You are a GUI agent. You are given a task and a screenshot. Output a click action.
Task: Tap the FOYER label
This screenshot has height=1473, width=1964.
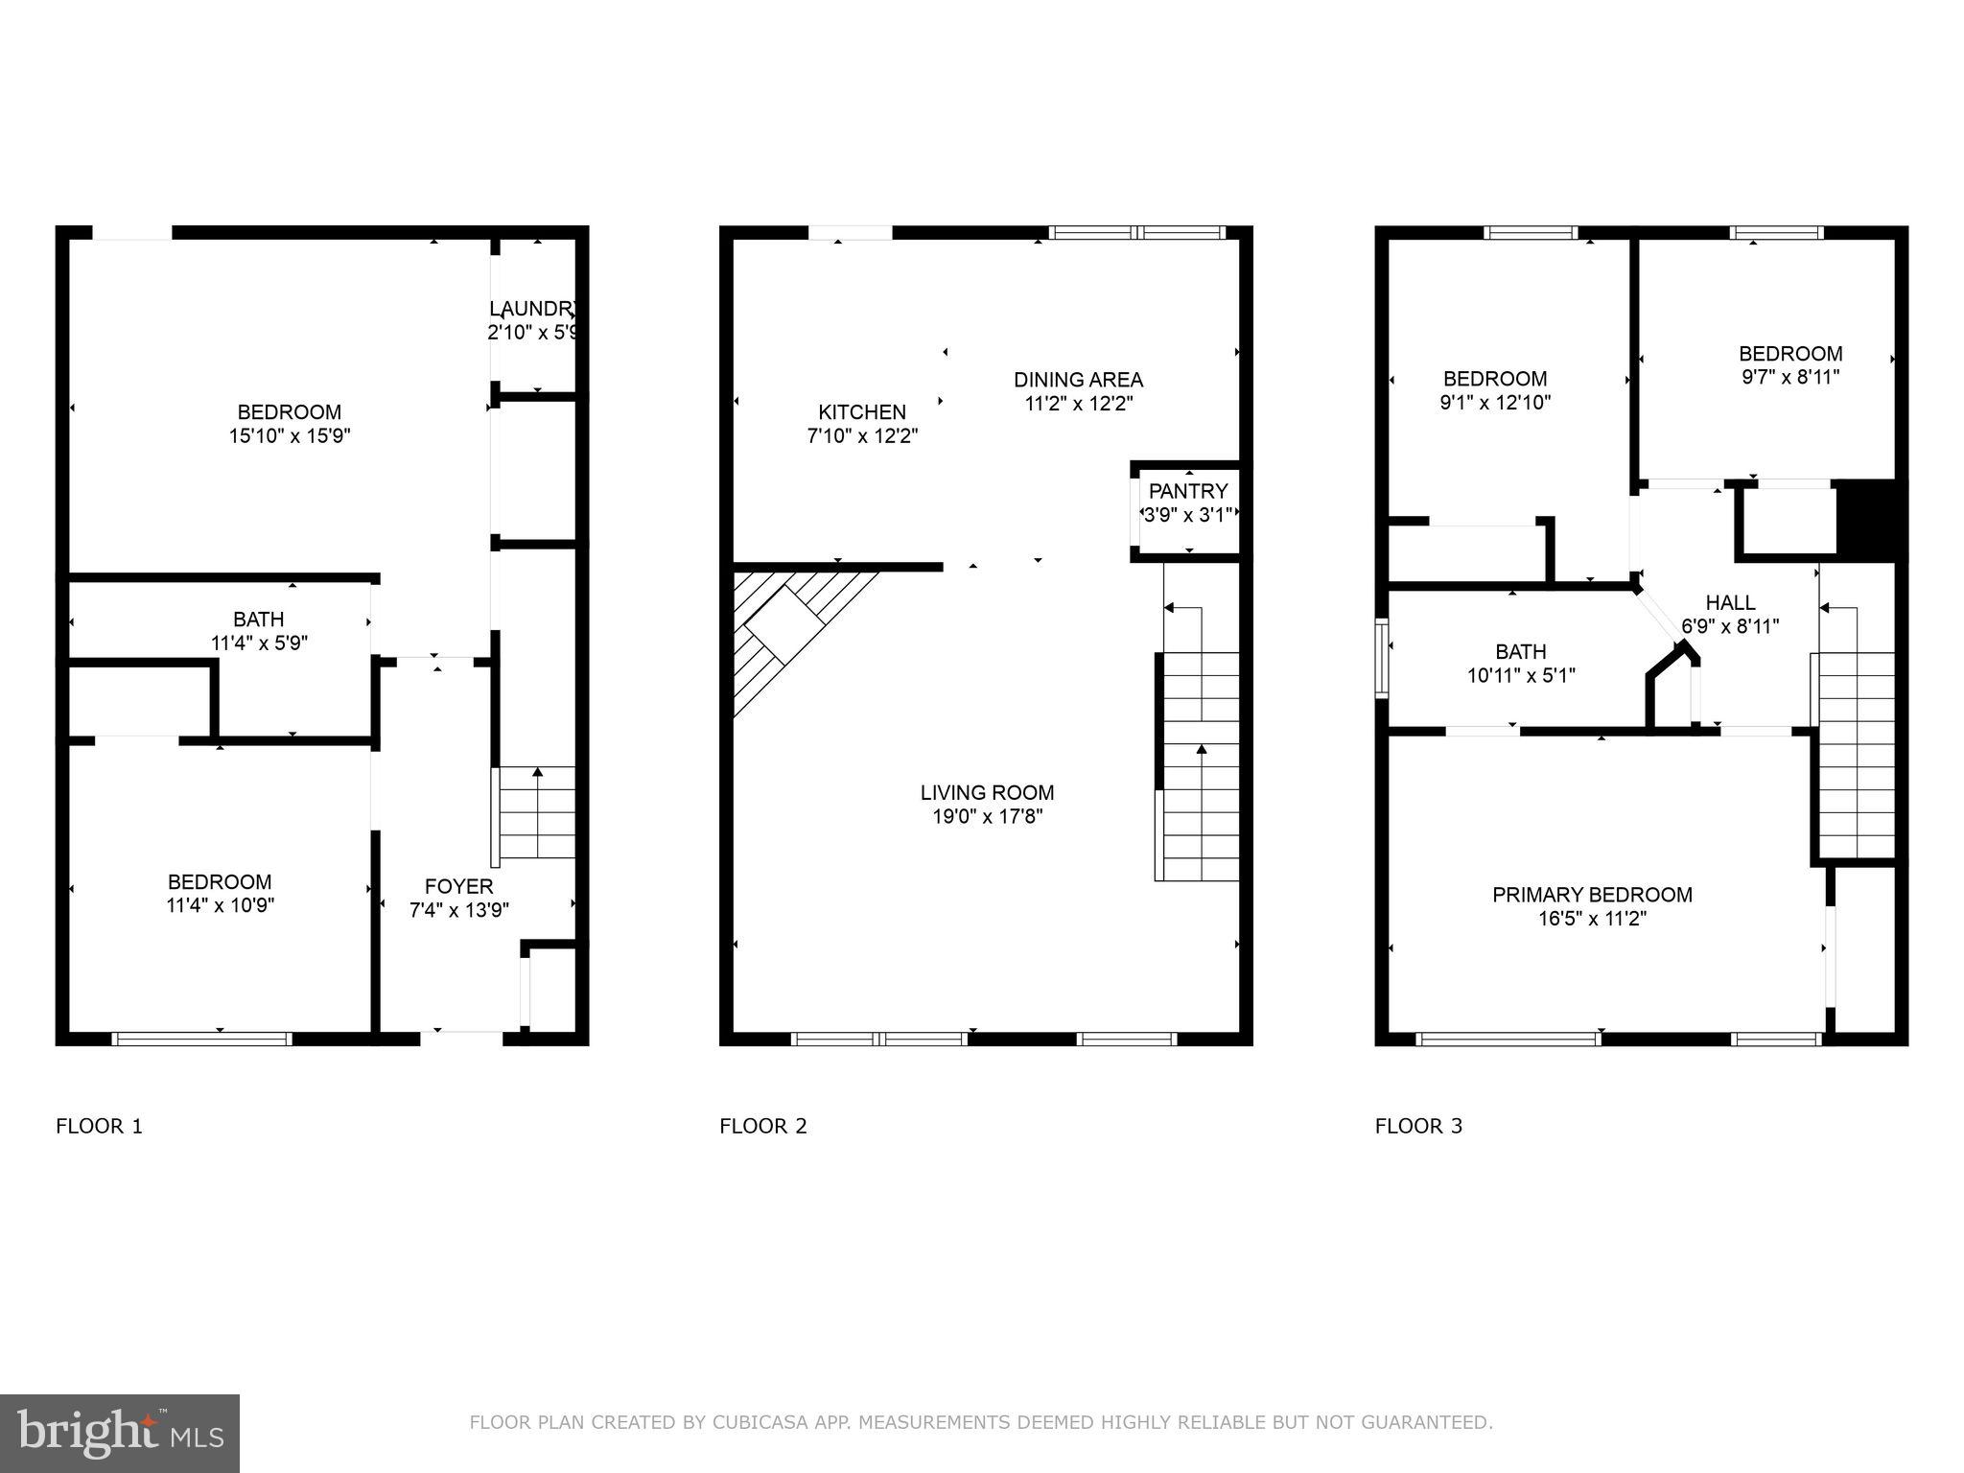pyautogui.click(x=458, y=886)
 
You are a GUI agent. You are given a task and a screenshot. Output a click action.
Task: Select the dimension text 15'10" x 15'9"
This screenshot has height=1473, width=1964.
pyautogui.click(x=290, y=436)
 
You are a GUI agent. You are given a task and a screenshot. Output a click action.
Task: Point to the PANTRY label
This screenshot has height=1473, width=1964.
pyautogui.click(x=1188, y=491)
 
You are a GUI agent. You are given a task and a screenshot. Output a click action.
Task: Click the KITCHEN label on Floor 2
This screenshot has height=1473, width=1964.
pyautogui.click(x=861, y=412)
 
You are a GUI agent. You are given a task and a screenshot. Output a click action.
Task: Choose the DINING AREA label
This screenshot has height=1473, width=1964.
pyautogui.click(x=1078, y=380)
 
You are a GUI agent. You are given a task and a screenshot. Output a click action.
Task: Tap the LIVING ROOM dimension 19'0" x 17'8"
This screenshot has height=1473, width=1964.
pyautogui.click(x=987, y=817)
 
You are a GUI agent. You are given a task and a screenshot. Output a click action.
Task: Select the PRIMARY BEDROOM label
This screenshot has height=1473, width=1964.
pyautogui.click(x=1592, y=895)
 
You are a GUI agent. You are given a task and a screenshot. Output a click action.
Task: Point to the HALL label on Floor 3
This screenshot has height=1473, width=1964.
pyautogui.click(x=1730, y=602)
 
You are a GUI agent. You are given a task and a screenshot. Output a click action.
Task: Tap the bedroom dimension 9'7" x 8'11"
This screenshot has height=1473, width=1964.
pyautogui.click(x=1790, y=377)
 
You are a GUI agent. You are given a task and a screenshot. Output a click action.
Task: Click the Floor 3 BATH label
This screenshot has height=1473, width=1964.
pyautogui.click(x=1520, y=651)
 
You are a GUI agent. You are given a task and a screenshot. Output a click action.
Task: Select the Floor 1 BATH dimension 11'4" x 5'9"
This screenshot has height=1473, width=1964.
pyautogui.click(x=259, y=643)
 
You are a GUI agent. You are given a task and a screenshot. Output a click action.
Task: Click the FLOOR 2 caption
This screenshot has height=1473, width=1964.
pyautogui.click(x=763, y=1126)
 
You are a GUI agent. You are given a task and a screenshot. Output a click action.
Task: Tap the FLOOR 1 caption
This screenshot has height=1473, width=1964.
pyautogui.click(x=99, y=1126)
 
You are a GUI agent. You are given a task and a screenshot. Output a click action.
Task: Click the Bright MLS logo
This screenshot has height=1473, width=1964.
pyautogui.click(x=120, y=1433)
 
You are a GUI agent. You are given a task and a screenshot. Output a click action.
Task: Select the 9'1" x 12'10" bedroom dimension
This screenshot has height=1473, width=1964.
pyautogui.click(x=1495, y=403)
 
